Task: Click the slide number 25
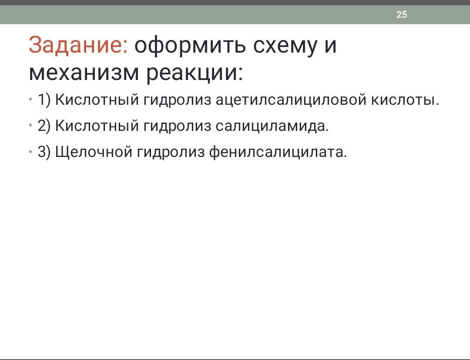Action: (x=402, y=14)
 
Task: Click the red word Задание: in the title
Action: (x=78, y=45)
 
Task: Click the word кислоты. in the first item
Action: (x=405, y=100)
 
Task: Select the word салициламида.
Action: (x=272, y=126)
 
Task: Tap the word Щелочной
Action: (x=94, y=152)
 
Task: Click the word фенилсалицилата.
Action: (x=278, y=152)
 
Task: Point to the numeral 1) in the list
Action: (x=44, y=100)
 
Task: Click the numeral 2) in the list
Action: (x=44, y=126)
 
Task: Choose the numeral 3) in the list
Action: (x=44, y=152)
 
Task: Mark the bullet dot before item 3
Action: (x=30, y=152)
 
